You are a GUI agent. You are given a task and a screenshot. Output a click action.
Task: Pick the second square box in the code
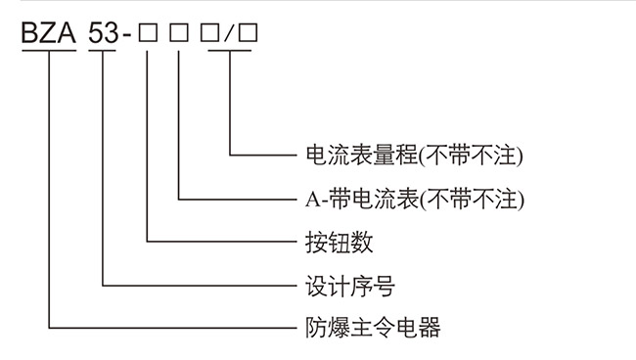[x=179, y=34]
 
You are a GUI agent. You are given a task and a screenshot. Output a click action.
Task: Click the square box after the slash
[x=248, y=34]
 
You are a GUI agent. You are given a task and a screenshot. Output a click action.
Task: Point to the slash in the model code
[x=229, y=34]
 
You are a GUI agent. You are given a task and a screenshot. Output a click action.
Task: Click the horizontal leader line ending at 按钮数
[x=220, y=240]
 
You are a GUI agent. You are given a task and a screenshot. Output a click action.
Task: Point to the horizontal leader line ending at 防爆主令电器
[x=171, y=326]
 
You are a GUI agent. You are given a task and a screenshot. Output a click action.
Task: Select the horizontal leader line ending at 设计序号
[x=196, y=285]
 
